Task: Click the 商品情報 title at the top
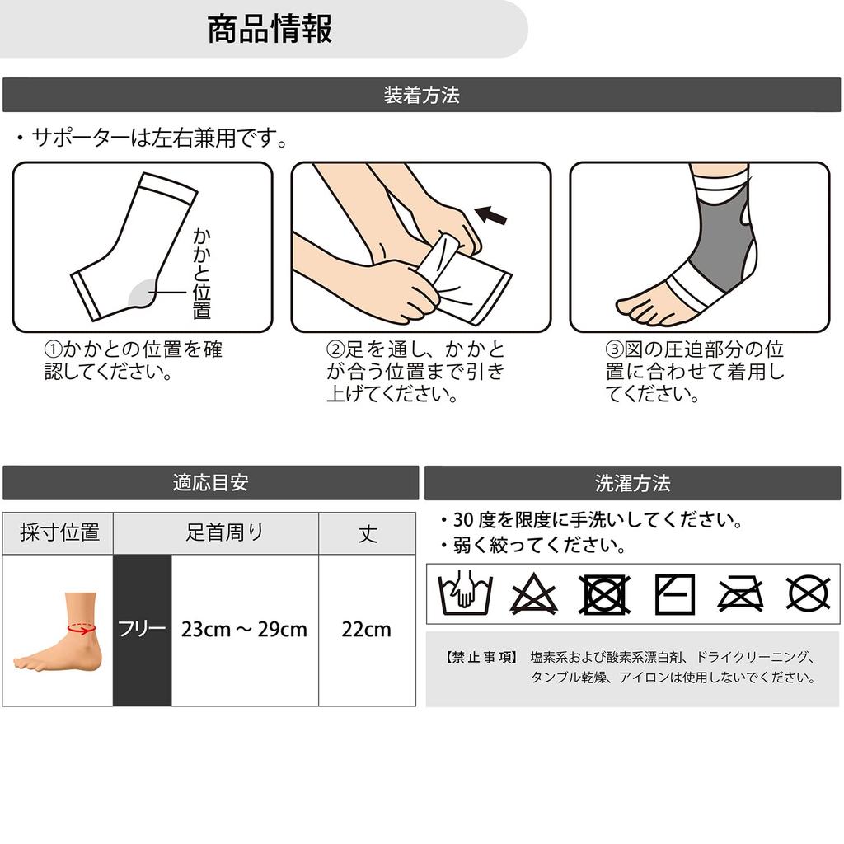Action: (270, 29)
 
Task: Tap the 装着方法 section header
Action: (421, 96)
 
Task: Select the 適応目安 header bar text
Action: (210, 482)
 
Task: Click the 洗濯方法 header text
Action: (632, 483)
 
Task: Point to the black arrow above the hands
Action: (491, 215)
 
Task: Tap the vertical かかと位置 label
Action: (202, 274)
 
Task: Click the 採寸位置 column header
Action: (59, 532)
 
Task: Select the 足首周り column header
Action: (224, 532)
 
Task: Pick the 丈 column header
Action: (368, 533)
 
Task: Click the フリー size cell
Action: (142, 629)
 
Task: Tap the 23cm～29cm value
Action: (244, 629)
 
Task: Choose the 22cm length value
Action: (366, 629)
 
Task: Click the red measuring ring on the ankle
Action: (82, 628)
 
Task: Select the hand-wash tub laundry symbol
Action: (466, 593)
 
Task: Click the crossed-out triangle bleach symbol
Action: (533, 594)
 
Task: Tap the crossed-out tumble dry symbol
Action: (604, 594)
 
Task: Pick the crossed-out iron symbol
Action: (741, 594)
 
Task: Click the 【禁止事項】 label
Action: (481, 657)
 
